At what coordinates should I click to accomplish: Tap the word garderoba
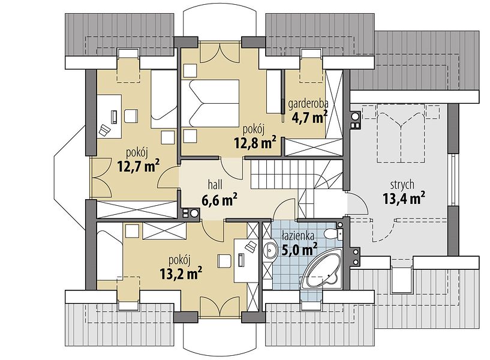click(x=308, y=104)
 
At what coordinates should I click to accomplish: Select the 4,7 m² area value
click(x=309, y=117)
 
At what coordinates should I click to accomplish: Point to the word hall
click(x=215, y=185)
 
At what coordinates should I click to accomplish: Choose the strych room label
click(x=402, y=185)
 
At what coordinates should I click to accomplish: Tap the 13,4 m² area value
click(x=404, y=198)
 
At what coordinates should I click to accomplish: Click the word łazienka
click(x=297, y=236)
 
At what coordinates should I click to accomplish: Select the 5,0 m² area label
click(x=300, y=250)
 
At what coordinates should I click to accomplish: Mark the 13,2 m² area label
click(x=181, y=273)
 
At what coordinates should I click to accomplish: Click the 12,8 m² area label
click(x=255, y=142)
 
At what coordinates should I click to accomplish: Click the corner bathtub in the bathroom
click(x=322, y=271)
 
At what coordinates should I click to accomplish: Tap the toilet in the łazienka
click(x=332, y=233)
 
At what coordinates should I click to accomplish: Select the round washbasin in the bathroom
click(x=270, y=250)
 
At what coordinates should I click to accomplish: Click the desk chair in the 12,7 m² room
click(x=131, y=116)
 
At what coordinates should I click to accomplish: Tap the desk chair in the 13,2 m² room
click(x=224, y=261)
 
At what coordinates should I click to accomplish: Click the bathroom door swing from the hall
click(x=284, y=208)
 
